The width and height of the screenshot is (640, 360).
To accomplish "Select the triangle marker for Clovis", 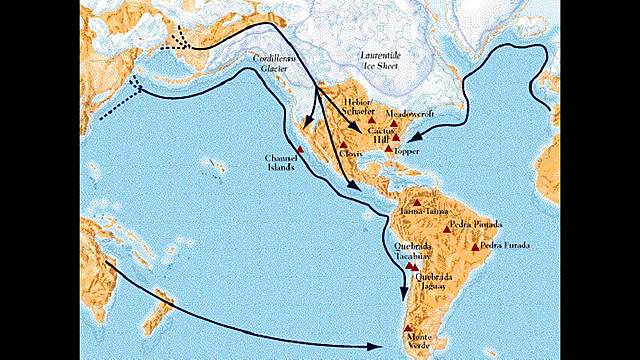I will click(x=343, y=145).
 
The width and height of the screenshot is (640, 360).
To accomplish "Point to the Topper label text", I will click(x=409, y=151).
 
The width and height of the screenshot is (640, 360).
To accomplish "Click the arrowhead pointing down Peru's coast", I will click(x=403, y=296).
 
